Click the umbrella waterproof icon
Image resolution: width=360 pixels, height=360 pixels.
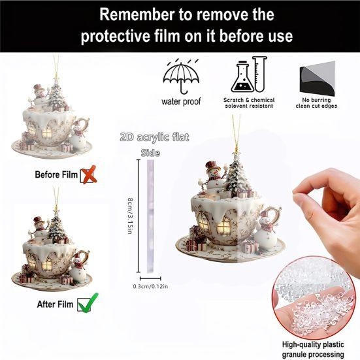pos(181,77)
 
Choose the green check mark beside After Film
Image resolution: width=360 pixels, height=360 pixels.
pos(85,304)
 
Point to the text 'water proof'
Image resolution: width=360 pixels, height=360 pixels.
pos(181,101)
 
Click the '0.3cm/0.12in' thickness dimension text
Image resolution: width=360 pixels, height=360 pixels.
pos(151,286)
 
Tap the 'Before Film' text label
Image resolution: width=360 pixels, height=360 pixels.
pos(56,174)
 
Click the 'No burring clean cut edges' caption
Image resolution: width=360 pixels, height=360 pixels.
pos(316,101)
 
